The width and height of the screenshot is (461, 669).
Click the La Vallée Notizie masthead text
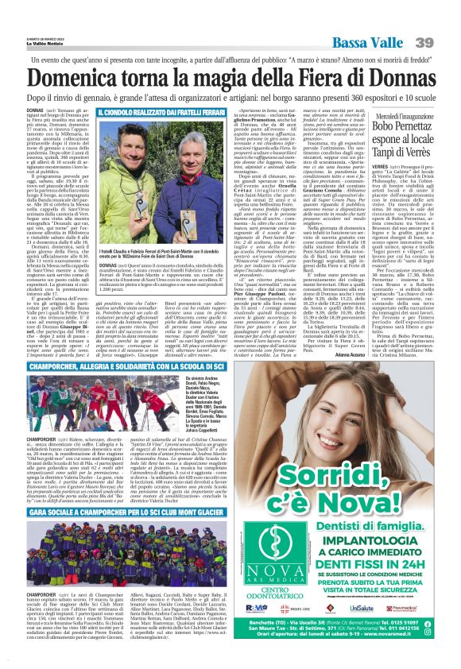(47, 45)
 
